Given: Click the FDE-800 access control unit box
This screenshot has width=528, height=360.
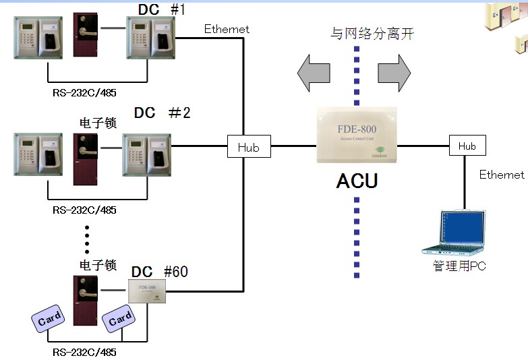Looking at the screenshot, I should click(x=357, y=135).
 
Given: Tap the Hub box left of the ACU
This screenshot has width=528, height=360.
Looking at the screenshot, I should click(x=249, y=146).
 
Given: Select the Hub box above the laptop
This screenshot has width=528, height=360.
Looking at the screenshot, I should click(x=467, y=146).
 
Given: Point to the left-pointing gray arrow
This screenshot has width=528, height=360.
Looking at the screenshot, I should click(x=314, y=73).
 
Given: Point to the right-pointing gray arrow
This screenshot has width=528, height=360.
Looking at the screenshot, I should click(x=394, y=73).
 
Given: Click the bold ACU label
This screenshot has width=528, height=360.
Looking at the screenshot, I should click(x=357, y=181).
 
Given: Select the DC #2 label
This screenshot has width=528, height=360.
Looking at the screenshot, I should click(x=162, y=113).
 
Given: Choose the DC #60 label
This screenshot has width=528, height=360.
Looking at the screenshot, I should click(x=160, y=272).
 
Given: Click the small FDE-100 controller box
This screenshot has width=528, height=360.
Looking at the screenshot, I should click(x=146, y=293).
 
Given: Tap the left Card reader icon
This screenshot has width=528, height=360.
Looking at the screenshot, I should click(x=49, y=320).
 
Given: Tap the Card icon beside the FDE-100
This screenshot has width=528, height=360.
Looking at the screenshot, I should click(x=119, y=319).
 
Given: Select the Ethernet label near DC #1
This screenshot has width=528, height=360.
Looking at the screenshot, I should click(x=227, y=29).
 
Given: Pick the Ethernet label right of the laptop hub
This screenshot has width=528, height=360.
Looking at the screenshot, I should click(x=501, y=175).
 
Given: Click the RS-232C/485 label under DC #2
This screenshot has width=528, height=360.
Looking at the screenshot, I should click(x=84, y=210).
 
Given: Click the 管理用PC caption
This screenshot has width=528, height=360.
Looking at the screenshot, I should click(x=459, y=266).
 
